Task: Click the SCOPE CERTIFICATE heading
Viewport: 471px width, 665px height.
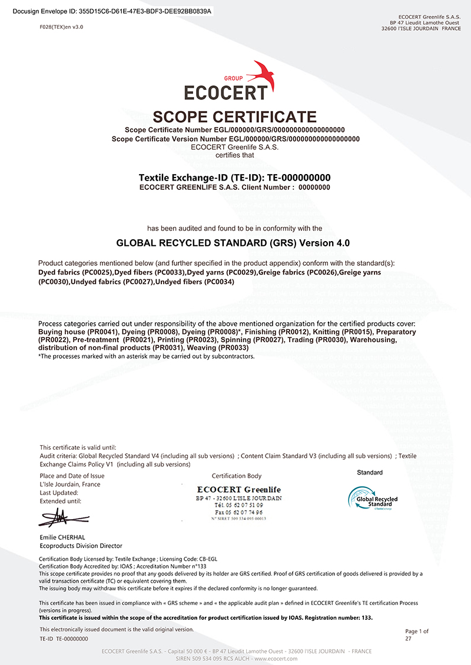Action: pos(235,116)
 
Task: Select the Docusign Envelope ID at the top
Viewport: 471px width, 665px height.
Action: pos(112,11)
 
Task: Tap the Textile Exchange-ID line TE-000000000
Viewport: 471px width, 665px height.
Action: pos(234,178)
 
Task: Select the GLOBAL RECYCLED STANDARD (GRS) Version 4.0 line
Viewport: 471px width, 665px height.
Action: pos(235,242)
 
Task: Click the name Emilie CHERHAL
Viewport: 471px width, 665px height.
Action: pos(63,537)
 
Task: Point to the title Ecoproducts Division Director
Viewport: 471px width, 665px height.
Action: pos(81,546)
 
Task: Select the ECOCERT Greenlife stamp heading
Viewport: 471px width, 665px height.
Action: pos(238,490)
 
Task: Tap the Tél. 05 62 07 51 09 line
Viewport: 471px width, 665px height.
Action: pos(238,505)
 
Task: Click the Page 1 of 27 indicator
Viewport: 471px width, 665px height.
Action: pos(417,634)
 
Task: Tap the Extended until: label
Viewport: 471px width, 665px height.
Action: pos(61,501)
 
